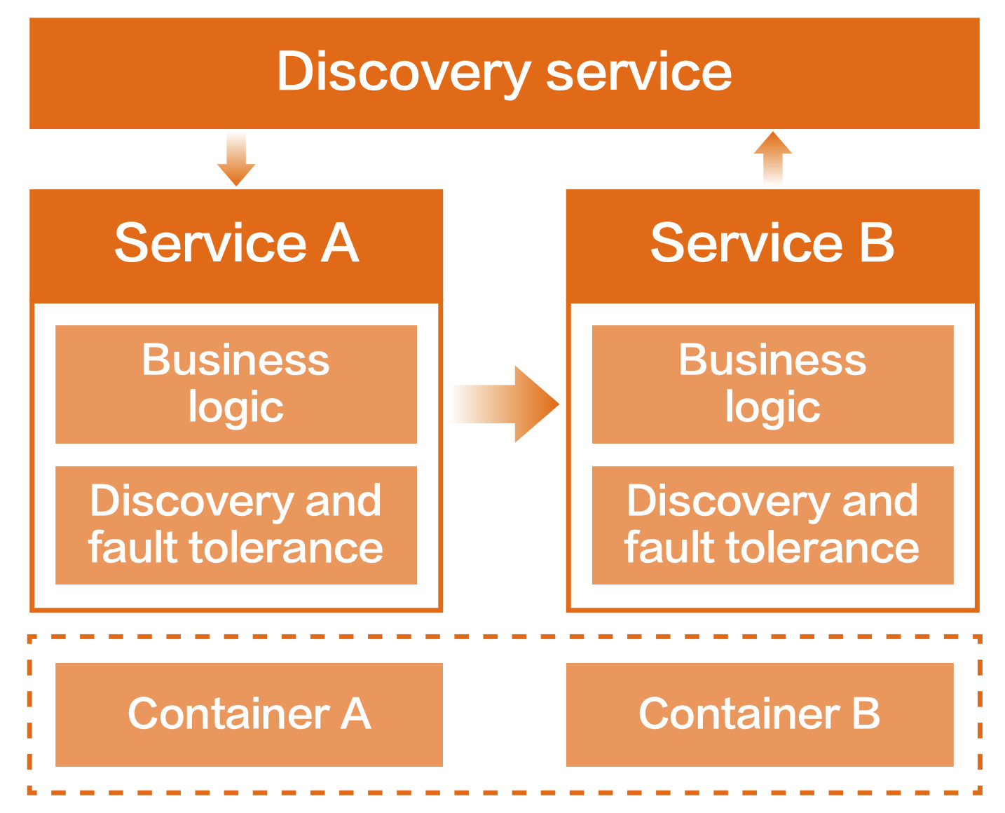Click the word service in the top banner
tap(638, 73)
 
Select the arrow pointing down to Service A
tap(236, 160)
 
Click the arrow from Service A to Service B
tap(506, 404)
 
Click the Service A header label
tap(236, 243)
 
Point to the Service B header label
tap(772, 243)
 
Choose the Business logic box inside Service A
tap(236, 384)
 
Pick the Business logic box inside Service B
tap(772, 384)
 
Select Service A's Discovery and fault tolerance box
tap(236, 525)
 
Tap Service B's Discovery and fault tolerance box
tap(772, 525)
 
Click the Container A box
tap(249, 714)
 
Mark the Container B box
tap(760, 714)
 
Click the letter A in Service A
tap(340, 243)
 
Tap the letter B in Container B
tap(866, 714)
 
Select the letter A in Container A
tap(355, 714)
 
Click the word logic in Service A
tap(236, 409)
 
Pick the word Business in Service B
tap(772, 360)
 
